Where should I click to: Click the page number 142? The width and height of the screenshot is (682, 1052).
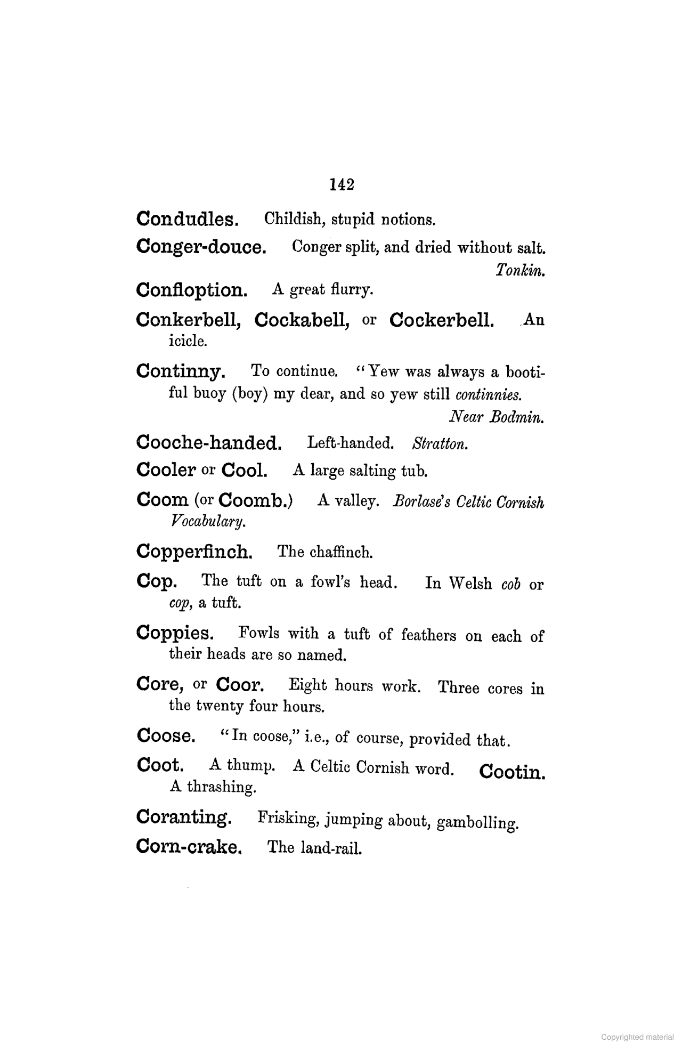(x=342, y=184)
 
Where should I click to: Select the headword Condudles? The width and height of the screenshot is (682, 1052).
(x=187, y=219)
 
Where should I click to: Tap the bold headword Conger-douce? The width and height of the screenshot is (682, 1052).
(x=201, y=247)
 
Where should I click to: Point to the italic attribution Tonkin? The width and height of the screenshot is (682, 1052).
(x=519, y=271)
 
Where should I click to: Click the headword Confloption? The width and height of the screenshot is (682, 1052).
(x=192, y=290)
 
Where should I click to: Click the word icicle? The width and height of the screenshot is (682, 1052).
(x=188, y=341)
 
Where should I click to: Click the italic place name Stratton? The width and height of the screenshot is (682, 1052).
(x=440, y=443)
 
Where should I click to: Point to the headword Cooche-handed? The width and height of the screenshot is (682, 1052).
(x=209, y=442)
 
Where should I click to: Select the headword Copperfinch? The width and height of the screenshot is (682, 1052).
(x=194, y=552)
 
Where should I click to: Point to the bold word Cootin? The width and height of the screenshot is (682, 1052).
(x=512, y=772)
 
